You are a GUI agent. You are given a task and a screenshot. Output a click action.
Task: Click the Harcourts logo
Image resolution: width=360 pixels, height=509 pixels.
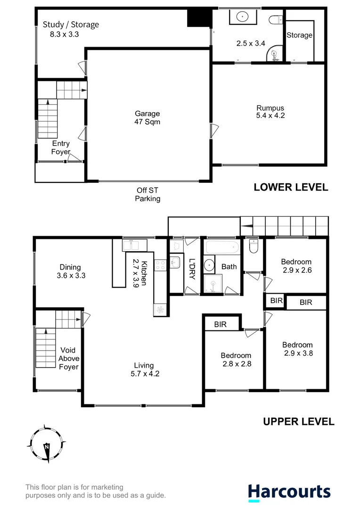click(289, 492)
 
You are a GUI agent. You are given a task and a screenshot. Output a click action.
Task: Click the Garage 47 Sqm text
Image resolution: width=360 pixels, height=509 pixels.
click(147, 117)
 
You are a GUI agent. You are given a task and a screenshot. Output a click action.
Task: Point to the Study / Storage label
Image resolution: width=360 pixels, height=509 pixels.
click(71, 29)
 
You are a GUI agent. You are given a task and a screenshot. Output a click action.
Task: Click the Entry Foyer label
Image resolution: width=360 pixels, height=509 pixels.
click(61, 148)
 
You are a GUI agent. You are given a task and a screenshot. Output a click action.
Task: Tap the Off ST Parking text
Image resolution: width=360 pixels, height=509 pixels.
click(148, 194)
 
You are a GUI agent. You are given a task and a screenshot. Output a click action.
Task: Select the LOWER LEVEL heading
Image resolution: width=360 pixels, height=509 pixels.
click(291, 187)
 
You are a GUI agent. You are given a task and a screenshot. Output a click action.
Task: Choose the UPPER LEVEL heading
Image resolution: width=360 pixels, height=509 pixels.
click(298, 421)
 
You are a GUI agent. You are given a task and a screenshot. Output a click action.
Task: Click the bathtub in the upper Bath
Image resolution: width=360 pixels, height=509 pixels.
click(222, 248)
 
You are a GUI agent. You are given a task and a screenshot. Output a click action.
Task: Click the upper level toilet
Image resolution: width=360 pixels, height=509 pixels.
click(253, 246)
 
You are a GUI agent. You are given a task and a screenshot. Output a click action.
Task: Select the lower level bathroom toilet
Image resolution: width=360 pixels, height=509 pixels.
click(275, 20)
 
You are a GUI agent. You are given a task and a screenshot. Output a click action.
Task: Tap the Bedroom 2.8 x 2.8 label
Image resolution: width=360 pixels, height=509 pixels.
click(237, 359)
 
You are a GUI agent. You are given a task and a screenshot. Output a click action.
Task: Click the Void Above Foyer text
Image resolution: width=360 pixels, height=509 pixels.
click(69, 358)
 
